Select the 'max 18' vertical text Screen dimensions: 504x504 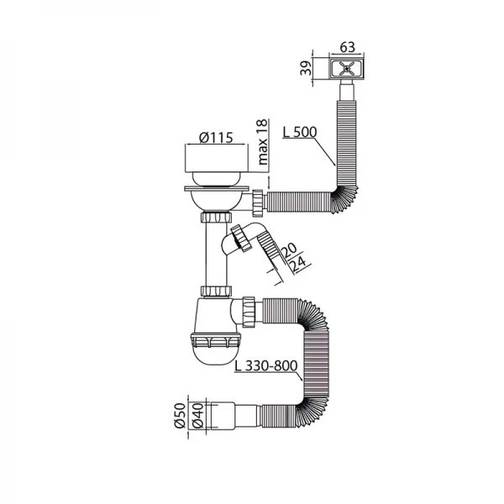pyautogui.click(x=262, y=142)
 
